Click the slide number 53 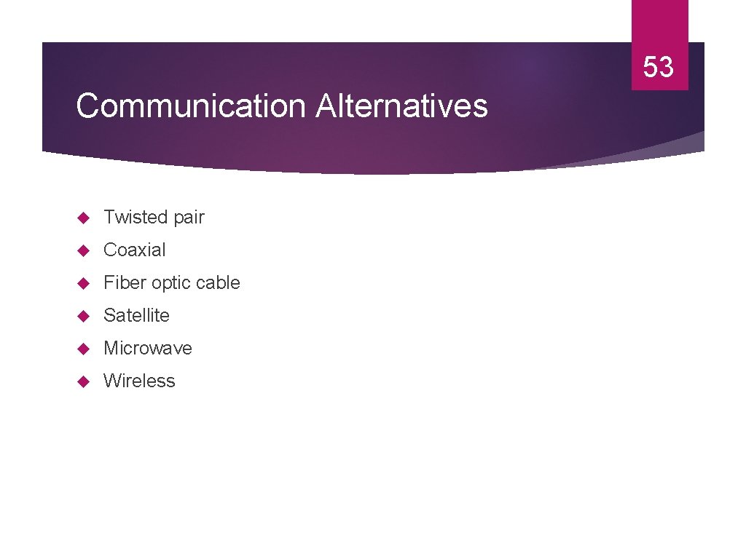pyautogui.click(x=659, y=68)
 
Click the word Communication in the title pyautogui.click(x=191, y=106)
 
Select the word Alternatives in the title pyautogui.click(x=401, y=106)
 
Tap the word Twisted pyautogui.click(x=136, y=217)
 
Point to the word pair pyautogui.click(x=189, y=218)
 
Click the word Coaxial pyautogui.click(x=135, y=250)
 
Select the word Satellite pyautogui.click(x=136, y=315)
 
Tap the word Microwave pyautogui.click(x=148, y=348)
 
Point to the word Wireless pyautogui.click(x=139, y=381)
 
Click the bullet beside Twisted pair pyautogui.click(x=82, y=218)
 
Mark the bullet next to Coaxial pyautogui.click(x=82, y=250)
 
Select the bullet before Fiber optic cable pyautogui.click(x=82, y=283)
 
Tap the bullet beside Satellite pyautogui.click(x=82, y=316)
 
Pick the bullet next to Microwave pyautogui.click(x=82, y=349)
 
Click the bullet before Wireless pyautogui.click(x=82, y=381)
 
